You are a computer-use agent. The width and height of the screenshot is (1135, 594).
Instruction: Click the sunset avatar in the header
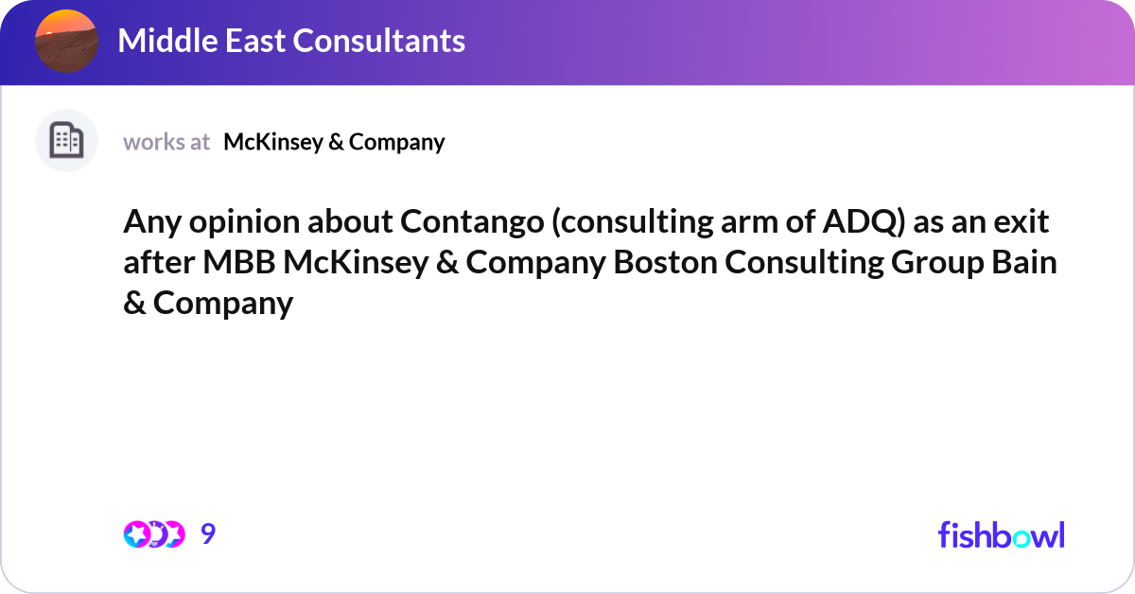point(66,41)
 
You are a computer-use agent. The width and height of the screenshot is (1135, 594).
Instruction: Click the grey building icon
point(66,141)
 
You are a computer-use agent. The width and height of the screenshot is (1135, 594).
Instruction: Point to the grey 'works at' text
point(166,142)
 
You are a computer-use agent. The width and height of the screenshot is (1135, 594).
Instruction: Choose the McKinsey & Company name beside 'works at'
point(334,142)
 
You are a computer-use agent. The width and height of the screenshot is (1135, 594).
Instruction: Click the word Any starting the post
point(149,223)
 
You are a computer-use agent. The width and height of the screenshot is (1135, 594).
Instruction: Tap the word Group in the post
point(921,264)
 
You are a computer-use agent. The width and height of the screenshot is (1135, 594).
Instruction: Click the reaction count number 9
point(208,534)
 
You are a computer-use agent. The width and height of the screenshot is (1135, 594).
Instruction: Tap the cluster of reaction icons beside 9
point(153,534)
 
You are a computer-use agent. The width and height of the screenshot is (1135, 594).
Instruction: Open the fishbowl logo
point(1001,534)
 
